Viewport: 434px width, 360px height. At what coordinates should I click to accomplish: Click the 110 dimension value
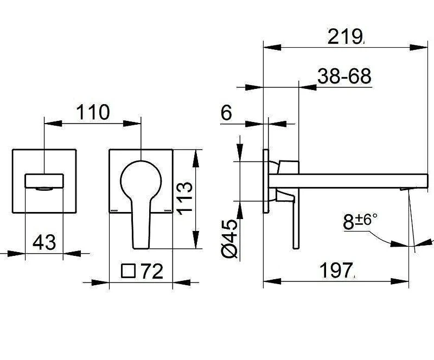(93, 112)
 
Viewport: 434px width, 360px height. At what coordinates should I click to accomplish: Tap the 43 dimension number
(44, 242)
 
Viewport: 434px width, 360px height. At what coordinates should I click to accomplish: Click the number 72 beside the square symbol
(152, 271)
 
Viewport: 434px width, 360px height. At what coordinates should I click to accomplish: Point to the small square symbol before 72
(128, 271)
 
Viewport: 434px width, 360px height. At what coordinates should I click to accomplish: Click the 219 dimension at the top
(346, 36)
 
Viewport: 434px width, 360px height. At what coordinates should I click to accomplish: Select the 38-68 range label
(344, 76)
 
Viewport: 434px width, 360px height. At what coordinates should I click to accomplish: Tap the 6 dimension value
(226, 113)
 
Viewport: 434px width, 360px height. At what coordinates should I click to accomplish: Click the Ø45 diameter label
(230, 239)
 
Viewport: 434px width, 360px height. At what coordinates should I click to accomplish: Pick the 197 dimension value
(336, 271)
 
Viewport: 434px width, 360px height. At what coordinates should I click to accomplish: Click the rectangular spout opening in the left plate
(44, 181)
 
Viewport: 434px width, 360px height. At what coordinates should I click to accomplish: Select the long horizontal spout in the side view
(348, 181)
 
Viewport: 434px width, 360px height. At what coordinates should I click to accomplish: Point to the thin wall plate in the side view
(265, 181)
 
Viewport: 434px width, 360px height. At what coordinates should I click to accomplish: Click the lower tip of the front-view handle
(141, 248)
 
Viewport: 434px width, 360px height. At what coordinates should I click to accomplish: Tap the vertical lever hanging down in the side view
(296, 221)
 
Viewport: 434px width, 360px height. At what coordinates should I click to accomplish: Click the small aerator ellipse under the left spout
(44, 189)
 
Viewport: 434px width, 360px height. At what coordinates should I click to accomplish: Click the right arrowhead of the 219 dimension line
(418, 47)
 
